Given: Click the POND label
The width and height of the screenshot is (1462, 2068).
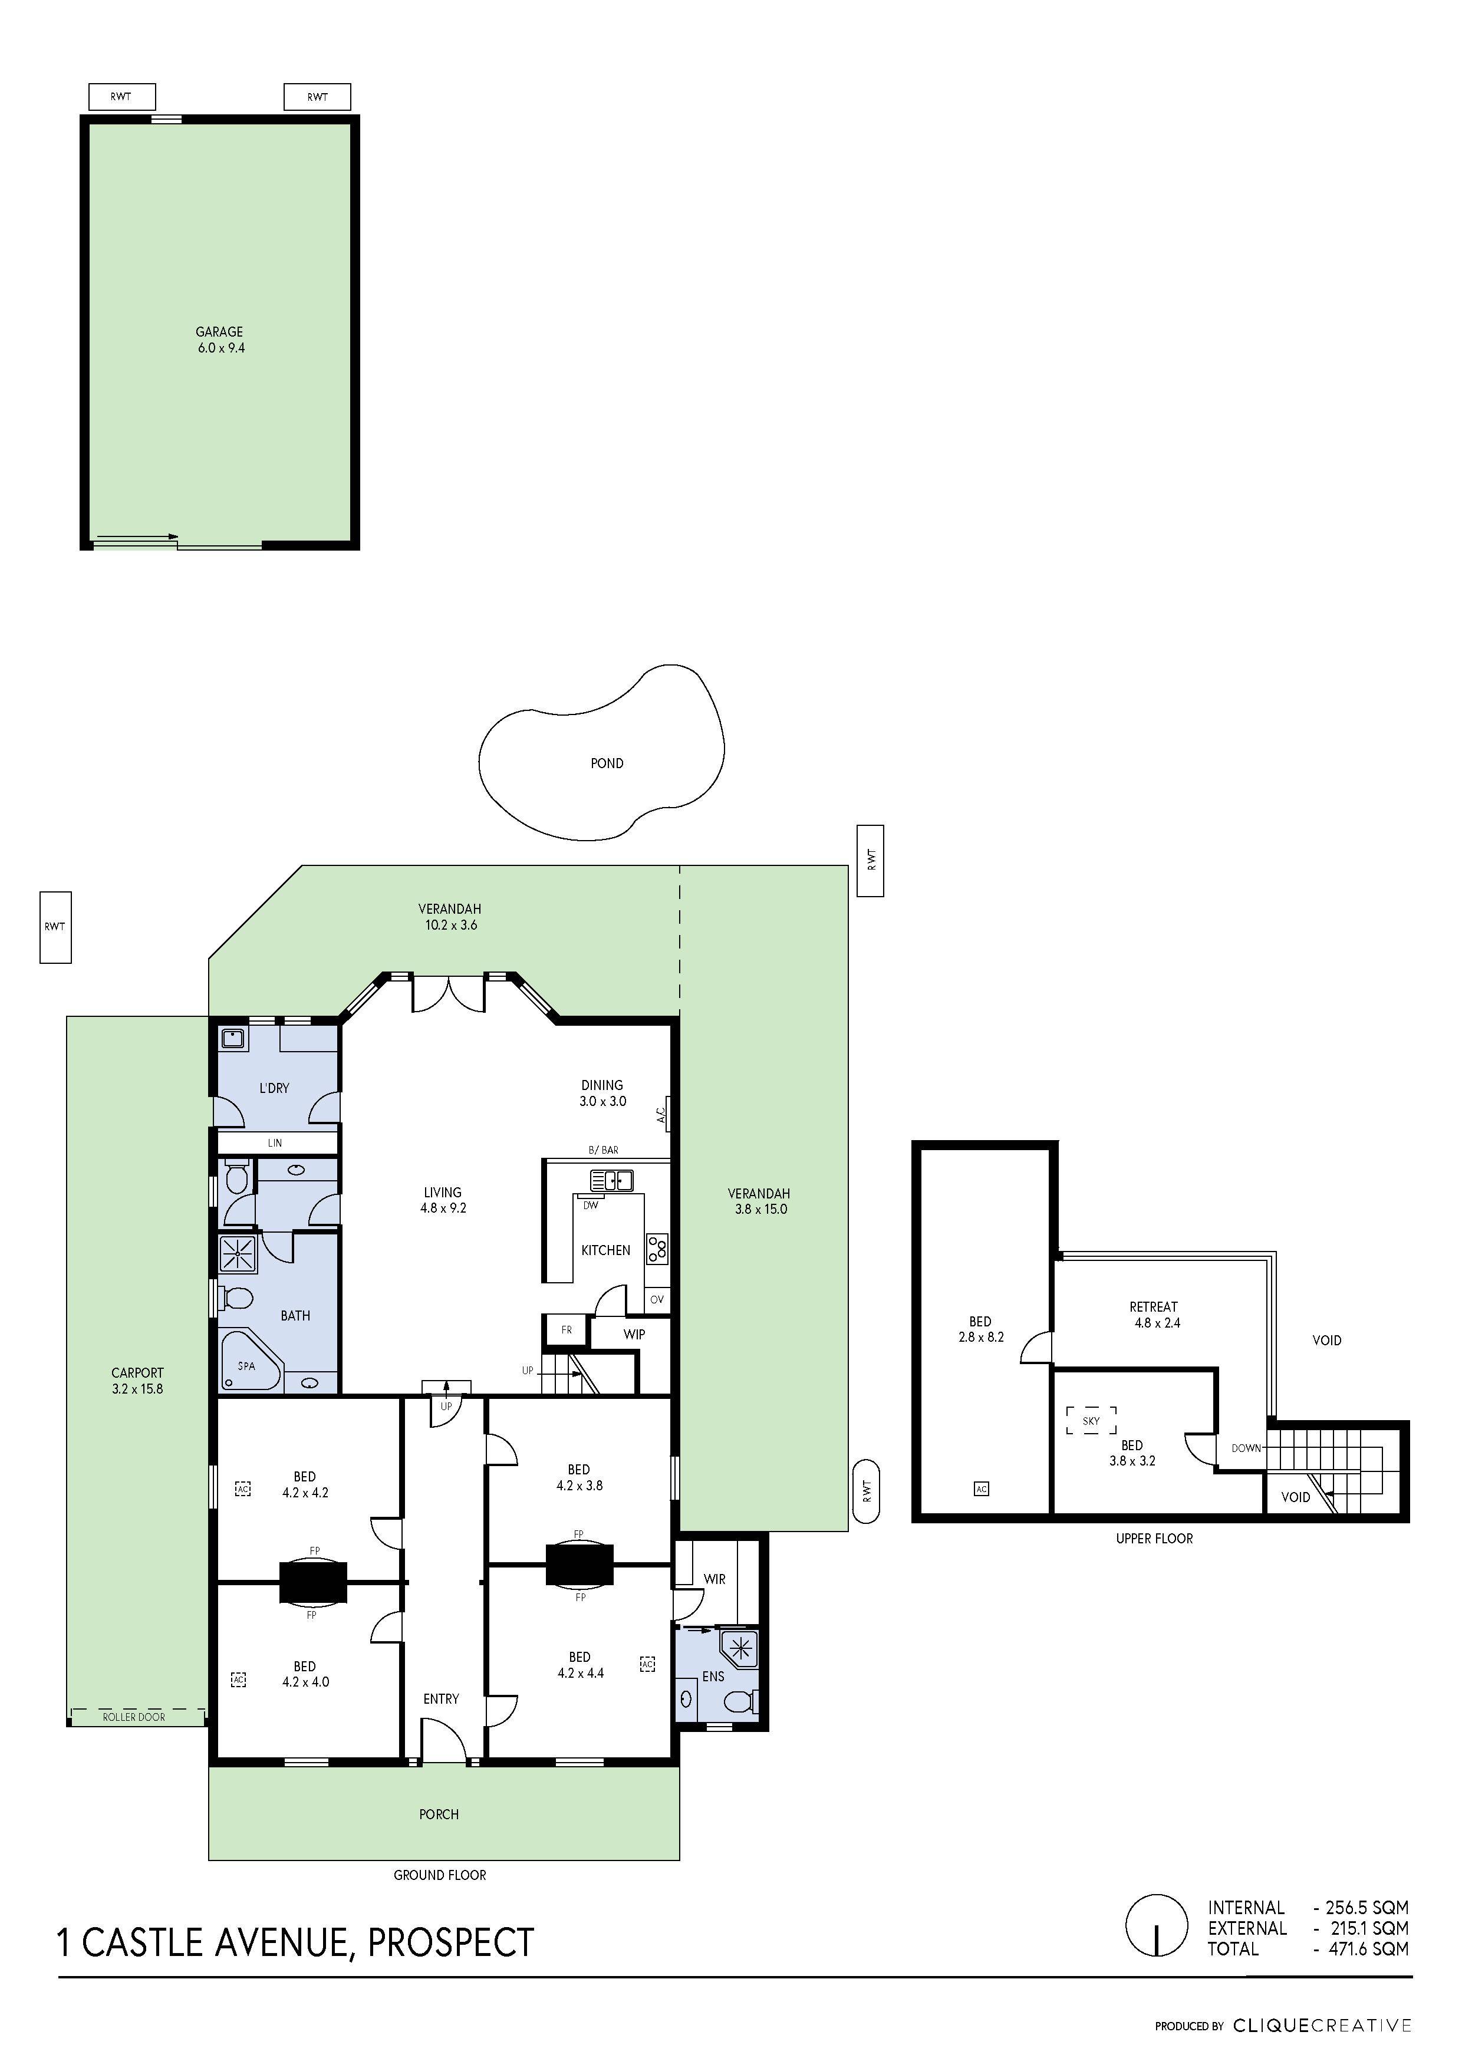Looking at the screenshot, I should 606,763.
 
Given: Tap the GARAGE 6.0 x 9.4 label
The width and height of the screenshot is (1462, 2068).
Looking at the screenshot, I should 220,340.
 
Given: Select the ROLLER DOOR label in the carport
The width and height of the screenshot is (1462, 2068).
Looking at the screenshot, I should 134,1717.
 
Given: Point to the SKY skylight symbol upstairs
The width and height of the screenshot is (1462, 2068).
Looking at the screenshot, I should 1091,1420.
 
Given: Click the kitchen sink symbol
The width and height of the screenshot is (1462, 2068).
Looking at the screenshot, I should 612,1180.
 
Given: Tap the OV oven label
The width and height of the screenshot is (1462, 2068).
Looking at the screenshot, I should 657,1300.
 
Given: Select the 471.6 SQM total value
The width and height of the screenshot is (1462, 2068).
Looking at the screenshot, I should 1368,1948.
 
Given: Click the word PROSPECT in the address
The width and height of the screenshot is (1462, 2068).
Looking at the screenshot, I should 450,1943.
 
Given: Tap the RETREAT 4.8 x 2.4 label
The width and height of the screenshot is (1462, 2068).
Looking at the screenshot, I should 1154,1314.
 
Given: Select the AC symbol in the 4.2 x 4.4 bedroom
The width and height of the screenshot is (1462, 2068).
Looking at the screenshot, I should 647,1665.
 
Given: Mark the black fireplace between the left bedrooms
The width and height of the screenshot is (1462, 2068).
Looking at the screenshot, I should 312,1582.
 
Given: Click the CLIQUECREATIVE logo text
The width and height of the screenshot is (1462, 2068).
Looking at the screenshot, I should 1322,2026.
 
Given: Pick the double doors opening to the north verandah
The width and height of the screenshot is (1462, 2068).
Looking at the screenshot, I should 449,992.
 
